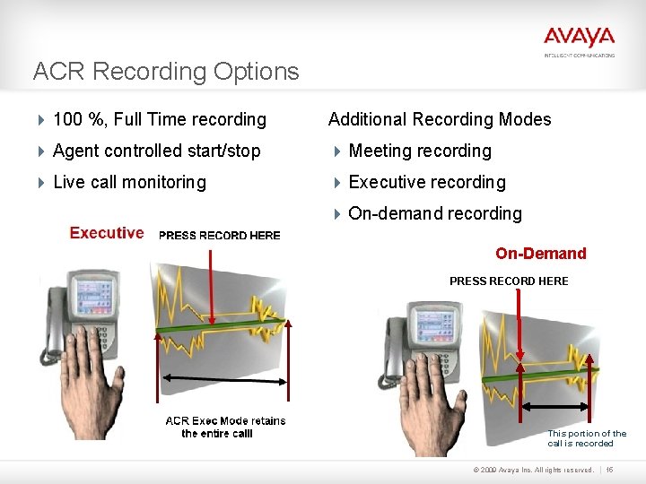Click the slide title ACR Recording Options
click(x=166, y=72)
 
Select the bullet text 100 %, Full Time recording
click(x=160, y=119)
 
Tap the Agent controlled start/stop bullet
click(x=157, y=151)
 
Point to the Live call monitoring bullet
click(x=129, y=182)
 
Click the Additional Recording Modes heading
click(x=440, y=119)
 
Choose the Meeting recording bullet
click(x=420, y=151)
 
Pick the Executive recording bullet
click(x=427, y=182)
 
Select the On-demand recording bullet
click(x=435, y=213)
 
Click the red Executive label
click(x=107, y=233)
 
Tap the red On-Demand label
click(x=540, y=254)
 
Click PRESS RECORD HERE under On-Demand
click(x=509, y=281)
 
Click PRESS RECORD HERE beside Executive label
click(x=219, y=236)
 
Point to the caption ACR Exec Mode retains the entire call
click(x=225, y=427)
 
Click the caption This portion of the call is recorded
click(x=587, y=438)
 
